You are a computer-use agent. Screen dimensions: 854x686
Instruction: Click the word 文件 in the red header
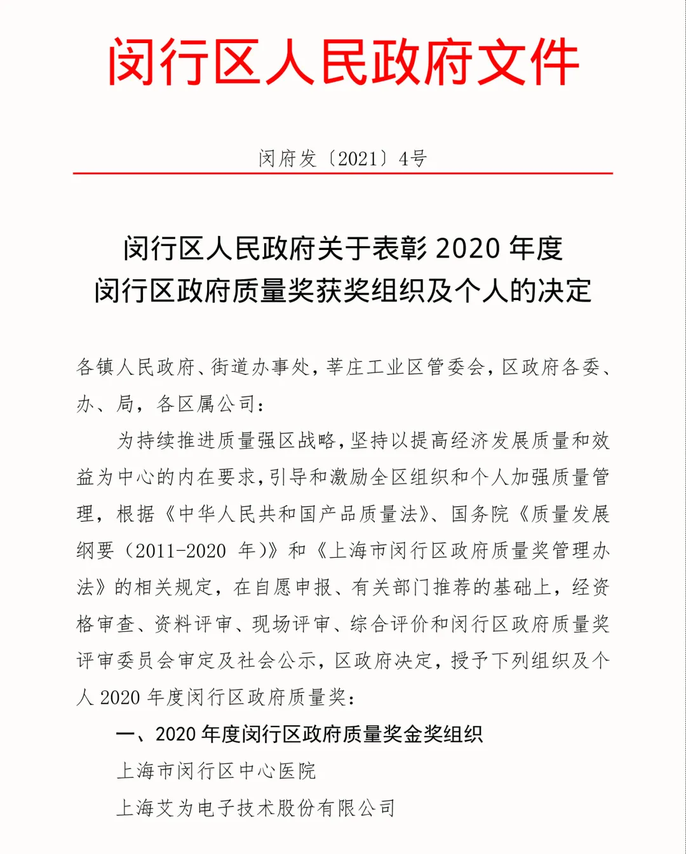(527, 62)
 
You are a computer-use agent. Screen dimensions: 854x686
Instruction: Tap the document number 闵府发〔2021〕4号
(342, 158)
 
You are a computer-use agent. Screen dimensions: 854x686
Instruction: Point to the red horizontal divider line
(342, 173)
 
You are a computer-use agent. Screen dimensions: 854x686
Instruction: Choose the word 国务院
(480, 513)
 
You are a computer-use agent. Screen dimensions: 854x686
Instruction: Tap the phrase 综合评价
(389, 624)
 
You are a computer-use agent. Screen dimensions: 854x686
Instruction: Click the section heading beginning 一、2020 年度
(299, 734)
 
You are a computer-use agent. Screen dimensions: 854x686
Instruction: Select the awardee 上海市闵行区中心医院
(216, 771)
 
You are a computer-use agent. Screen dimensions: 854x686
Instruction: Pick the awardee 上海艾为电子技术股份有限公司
(256, 808)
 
